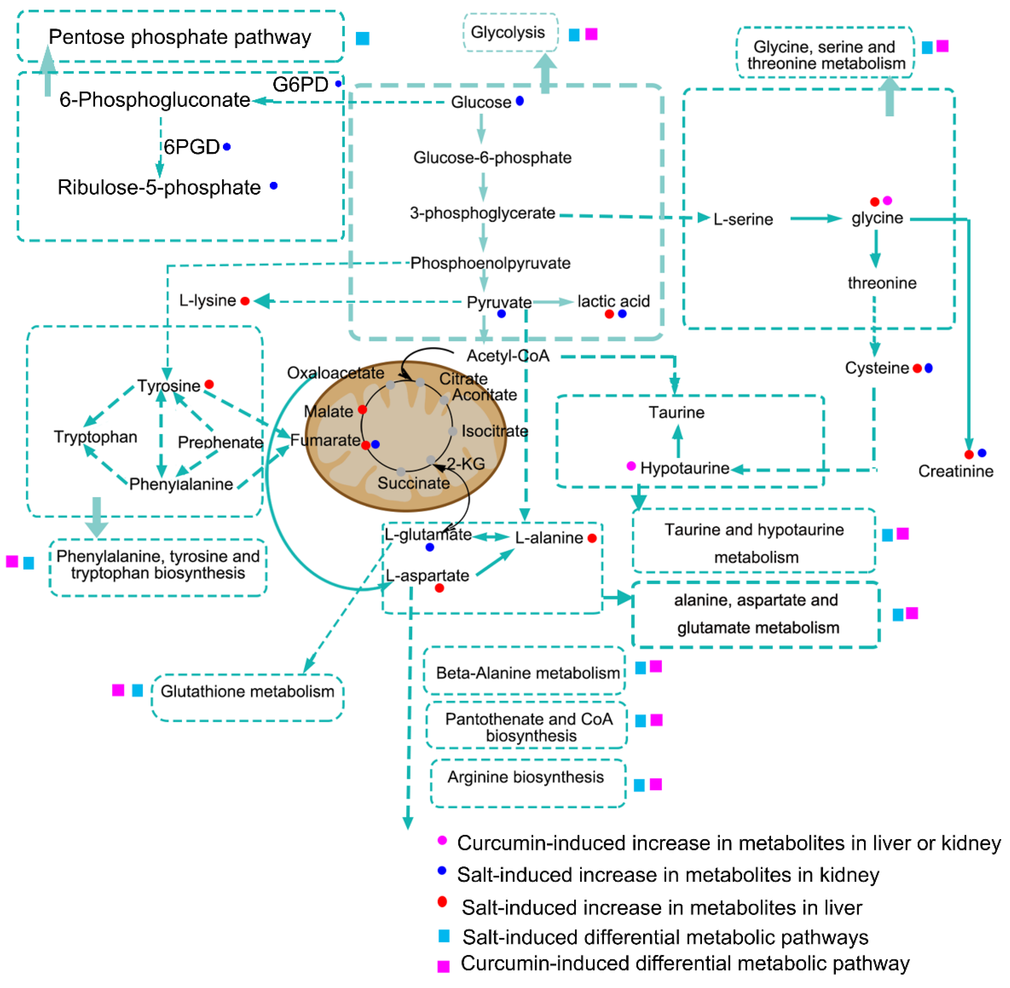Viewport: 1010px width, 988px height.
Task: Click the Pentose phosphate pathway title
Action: (179, 38)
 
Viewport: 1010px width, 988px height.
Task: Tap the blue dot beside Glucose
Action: (519, 101)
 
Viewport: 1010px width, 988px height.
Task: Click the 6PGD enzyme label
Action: (191, 147)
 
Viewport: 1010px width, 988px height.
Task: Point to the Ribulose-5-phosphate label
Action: (159, 187)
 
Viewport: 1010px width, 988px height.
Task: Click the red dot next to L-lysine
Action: (245, 301)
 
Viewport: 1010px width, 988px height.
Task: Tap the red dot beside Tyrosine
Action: (209, 384)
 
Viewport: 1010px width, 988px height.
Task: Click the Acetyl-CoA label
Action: (508, 356)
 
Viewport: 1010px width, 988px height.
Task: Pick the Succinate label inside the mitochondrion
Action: (413, 483)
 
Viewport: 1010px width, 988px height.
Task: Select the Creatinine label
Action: (956, 471)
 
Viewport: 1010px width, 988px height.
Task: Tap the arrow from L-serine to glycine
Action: (815, 218)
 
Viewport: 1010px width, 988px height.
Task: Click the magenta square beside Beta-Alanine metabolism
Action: (656, 666)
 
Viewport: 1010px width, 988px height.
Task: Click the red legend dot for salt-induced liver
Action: (442, 902)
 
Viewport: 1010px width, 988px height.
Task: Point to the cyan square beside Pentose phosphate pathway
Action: (362, 38)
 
